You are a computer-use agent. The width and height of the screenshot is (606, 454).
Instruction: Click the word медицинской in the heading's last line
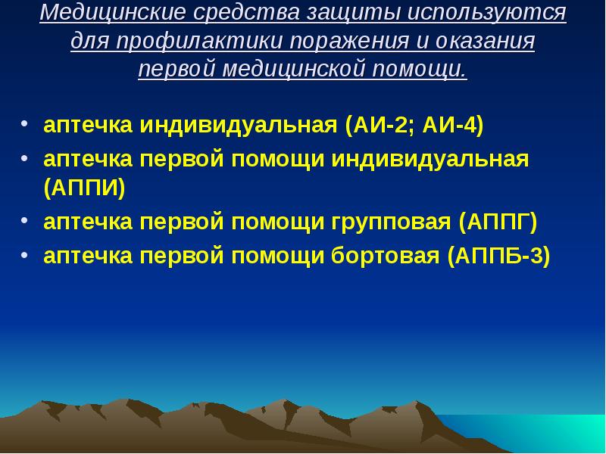pos(296,69)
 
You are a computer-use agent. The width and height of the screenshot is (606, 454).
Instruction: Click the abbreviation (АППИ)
pos(84,188)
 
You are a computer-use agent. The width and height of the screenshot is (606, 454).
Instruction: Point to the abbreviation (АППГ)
pos(497,222)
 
